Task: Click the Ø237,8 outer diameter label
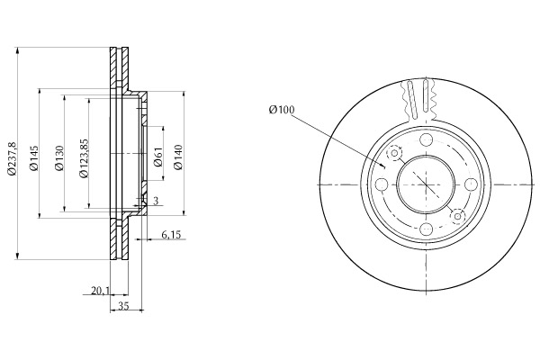[x=12, y=157]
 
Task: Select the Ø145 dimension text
[x=34, y=158]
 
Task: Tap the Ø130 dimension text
[x=59, y=158]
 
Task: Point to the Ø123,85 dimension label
[x=84, y=158]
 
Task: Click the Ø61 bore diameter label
[x=158, y=157]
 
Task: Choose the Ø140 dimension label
[x=178, y=157]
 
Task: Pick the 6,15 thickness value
[x=171, y=235]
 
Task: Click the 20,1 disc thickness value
[x=100, y=291]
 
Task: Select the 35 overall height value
[x=123, y=306]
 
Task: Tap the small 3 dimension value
[x=156, y=201]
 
